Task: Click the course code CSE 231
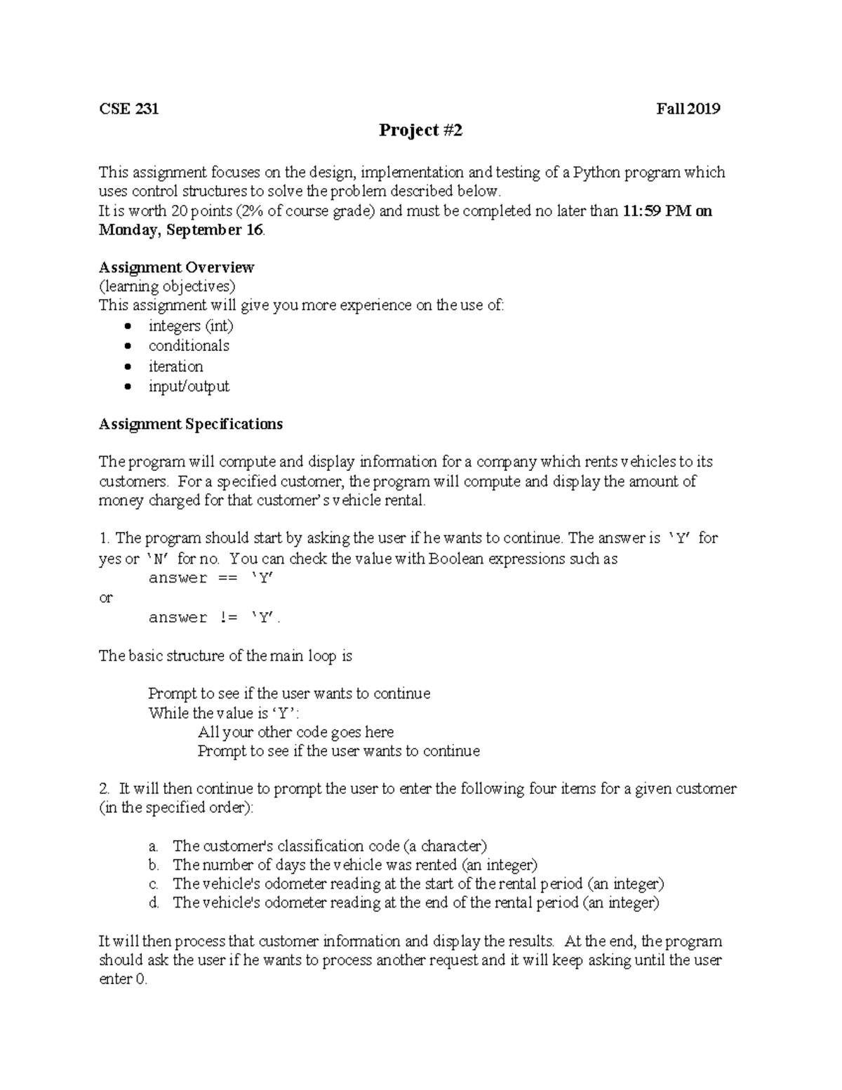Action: (x=128, y=109)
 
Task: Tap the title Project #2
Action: (x=420, y=131)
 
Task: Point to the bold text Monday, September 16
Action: (x=181, y=230)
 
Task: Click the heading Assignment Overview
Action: (x=176, y=267)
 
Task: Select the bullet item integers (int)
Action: (x=191, y=326)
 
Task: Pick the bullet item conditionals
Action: (x=189, y=345)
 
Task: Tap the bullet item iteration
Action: (x=175, y=366)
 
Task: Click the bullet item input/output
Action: (x=189, y=386)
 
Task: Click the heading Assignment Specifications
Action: (x=190, y=424)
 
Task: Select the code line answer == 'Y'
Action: (x=211, y=578)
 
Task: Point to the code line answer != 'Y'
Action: (x=214, y=618)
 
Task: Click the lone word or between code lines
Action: (x=105, y=598)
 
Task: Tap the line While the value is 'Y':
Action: (x=224, y=713)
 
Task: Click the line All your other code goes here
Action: (x=295, y=732)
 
